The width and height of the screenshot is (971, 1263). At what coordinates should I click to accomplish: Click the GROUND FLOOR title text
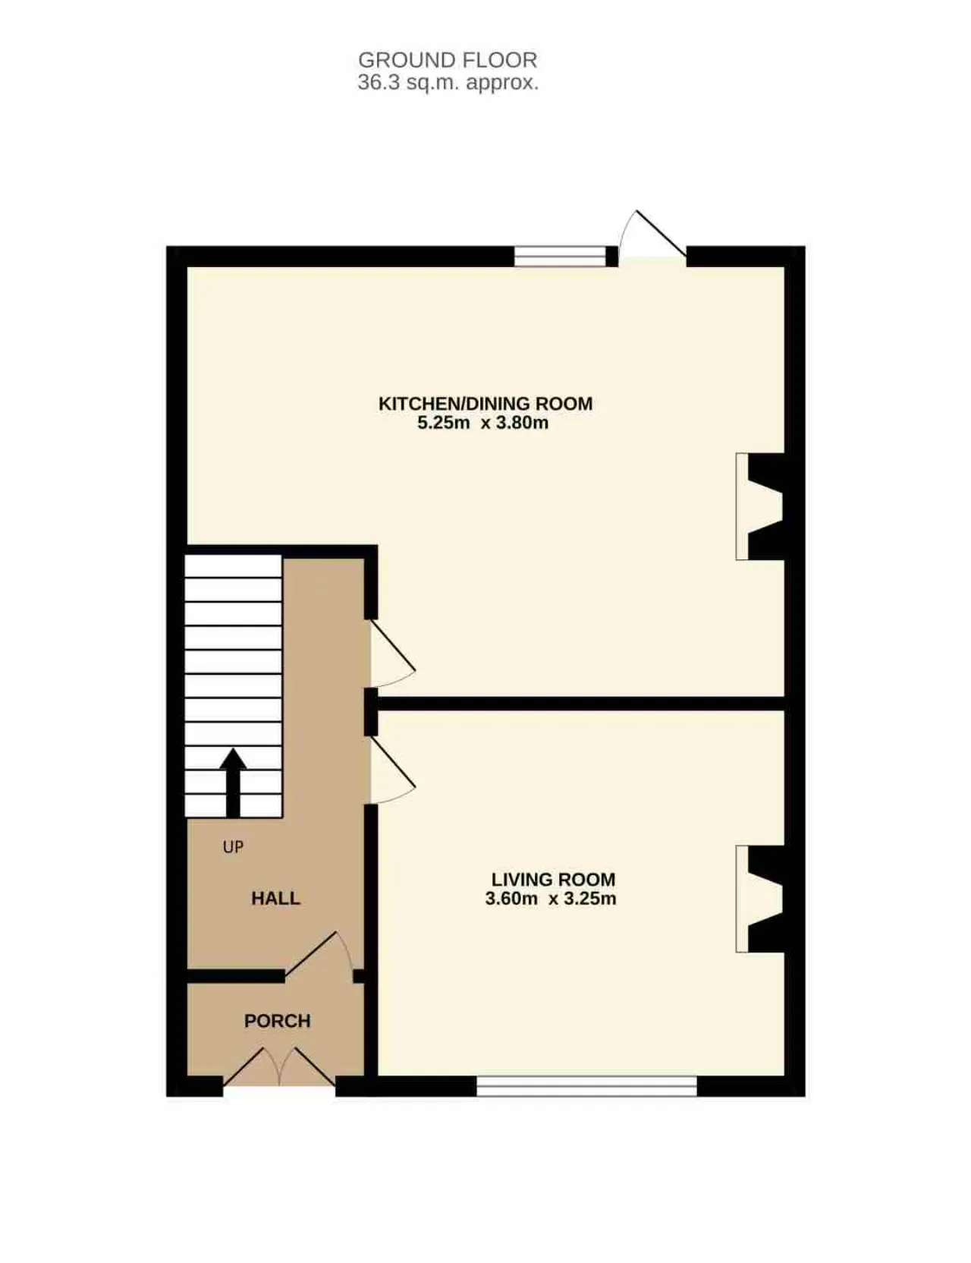point(448,60)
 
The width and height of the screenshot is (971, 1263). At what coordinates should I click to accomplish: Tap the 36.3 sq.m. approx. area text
point(448,83)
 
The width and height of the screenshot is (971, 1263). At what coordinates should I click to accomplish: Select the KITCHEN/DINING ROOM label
point(485,404)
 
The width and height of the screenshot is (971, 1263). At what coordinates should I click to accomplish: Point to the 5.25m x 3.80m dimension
point(483,424)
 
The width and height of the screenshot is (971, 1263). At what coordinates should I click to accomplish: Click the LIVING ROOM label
point(553,880)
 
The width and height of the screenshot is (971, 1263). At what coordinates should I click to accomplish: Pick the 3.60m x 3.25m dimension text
point(551,899)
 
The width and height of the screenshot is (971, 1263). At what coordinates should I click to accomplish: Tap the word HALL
point(276,899)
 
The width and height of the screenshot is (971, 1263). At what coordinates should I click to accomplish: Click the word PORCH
point(278,1021)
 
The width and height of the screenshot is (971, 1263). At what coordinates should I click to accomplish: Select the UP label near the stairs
point(233,847)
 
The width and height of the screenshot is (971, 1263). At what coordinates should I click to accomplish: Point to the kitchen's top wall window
point(561,257)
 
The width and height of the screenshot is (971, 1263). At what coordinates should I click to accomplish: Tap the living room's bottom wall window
point(586,1086)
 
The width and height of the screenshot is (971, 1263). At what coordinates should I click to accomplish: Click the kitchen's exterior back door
point(652,235)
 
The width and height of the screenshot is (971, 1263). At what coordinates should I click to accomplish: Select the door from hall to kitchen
point(392,654)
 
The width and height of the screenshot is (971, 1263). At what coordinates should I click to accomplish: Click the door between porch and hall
point(319,954)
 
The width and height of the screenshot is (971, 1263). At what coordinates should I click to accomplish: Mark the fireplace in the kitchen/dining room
point(759,507)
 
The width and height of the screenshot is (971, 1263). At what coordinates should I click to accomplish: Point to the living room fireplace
point(759,899)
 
